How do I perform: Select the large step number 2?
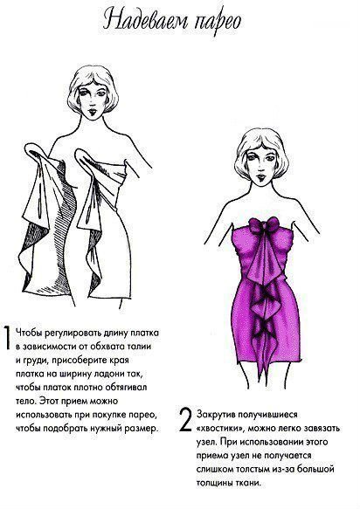tap(185, 420)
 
